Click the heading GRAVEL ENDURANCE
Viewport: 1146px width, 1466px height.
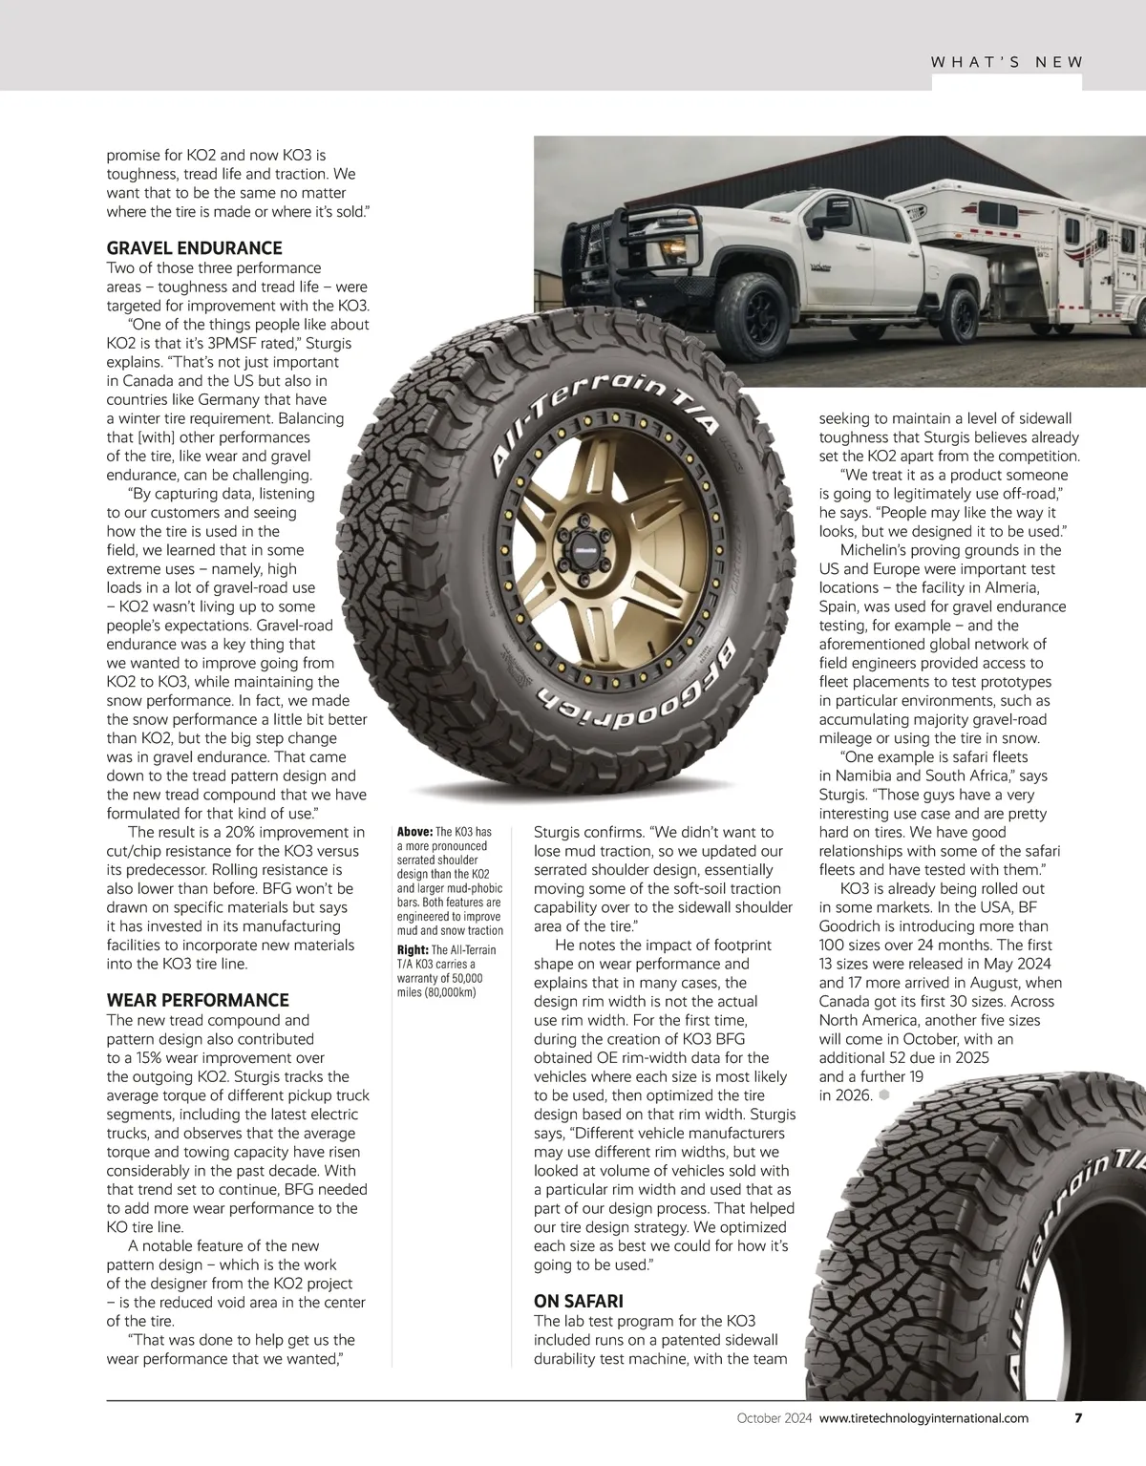[194, 248]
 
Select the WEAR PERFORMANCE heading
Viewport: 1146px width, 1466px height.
[197, 1000]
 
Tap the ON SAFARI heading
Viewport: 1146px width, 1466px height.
[578, 1301]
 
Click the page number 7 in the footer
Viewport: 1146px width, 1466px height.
[1078, 1417]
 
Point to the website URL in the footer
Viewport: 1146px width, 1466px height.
[923, 1418]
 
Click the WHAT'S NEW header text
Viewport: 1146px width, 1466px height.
[1007, 62]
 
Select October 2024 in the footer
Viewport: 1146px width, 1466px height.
[774, 1418]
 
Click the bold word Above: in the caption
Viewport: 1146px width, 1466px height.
[414, 832]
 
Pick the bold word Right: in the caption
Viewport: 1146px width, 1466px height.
[413, 949]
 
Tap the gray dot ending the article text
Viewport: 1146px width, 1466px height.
[883, 1094]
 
